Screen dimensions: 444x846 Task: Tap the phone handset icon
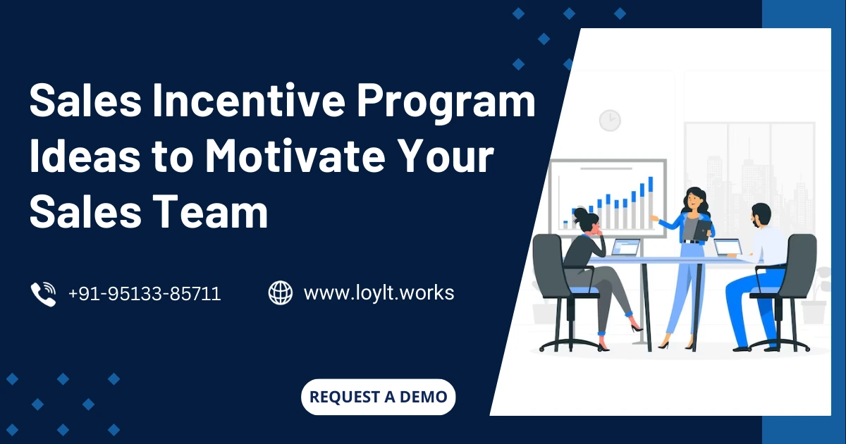coord(43,293)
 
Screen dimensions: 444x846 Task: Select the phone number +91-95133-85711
coord(145,293)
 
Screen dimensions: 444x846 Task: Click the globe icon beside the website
coord(281,292)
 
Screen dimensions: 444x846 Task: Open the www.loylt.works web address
coord(379,292)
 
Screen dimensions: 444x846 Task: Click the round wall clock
coord(610,120)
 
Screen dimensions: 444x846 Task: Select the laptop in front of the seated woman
coord(625,247)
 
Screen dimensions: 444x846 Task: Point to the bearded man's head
coord(761,216)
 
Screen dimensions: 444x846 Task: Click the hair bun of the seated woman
coord(580,211)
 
